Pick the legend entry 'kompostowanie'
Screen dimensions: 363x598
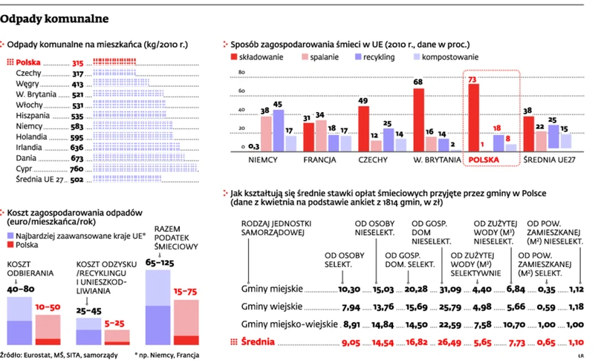click(x=450, y=56)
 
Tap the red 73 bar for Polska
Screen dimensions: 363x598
click(x=473, y=117)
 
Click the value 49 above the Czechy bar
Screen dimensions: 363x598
click(x=364, y=101)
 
